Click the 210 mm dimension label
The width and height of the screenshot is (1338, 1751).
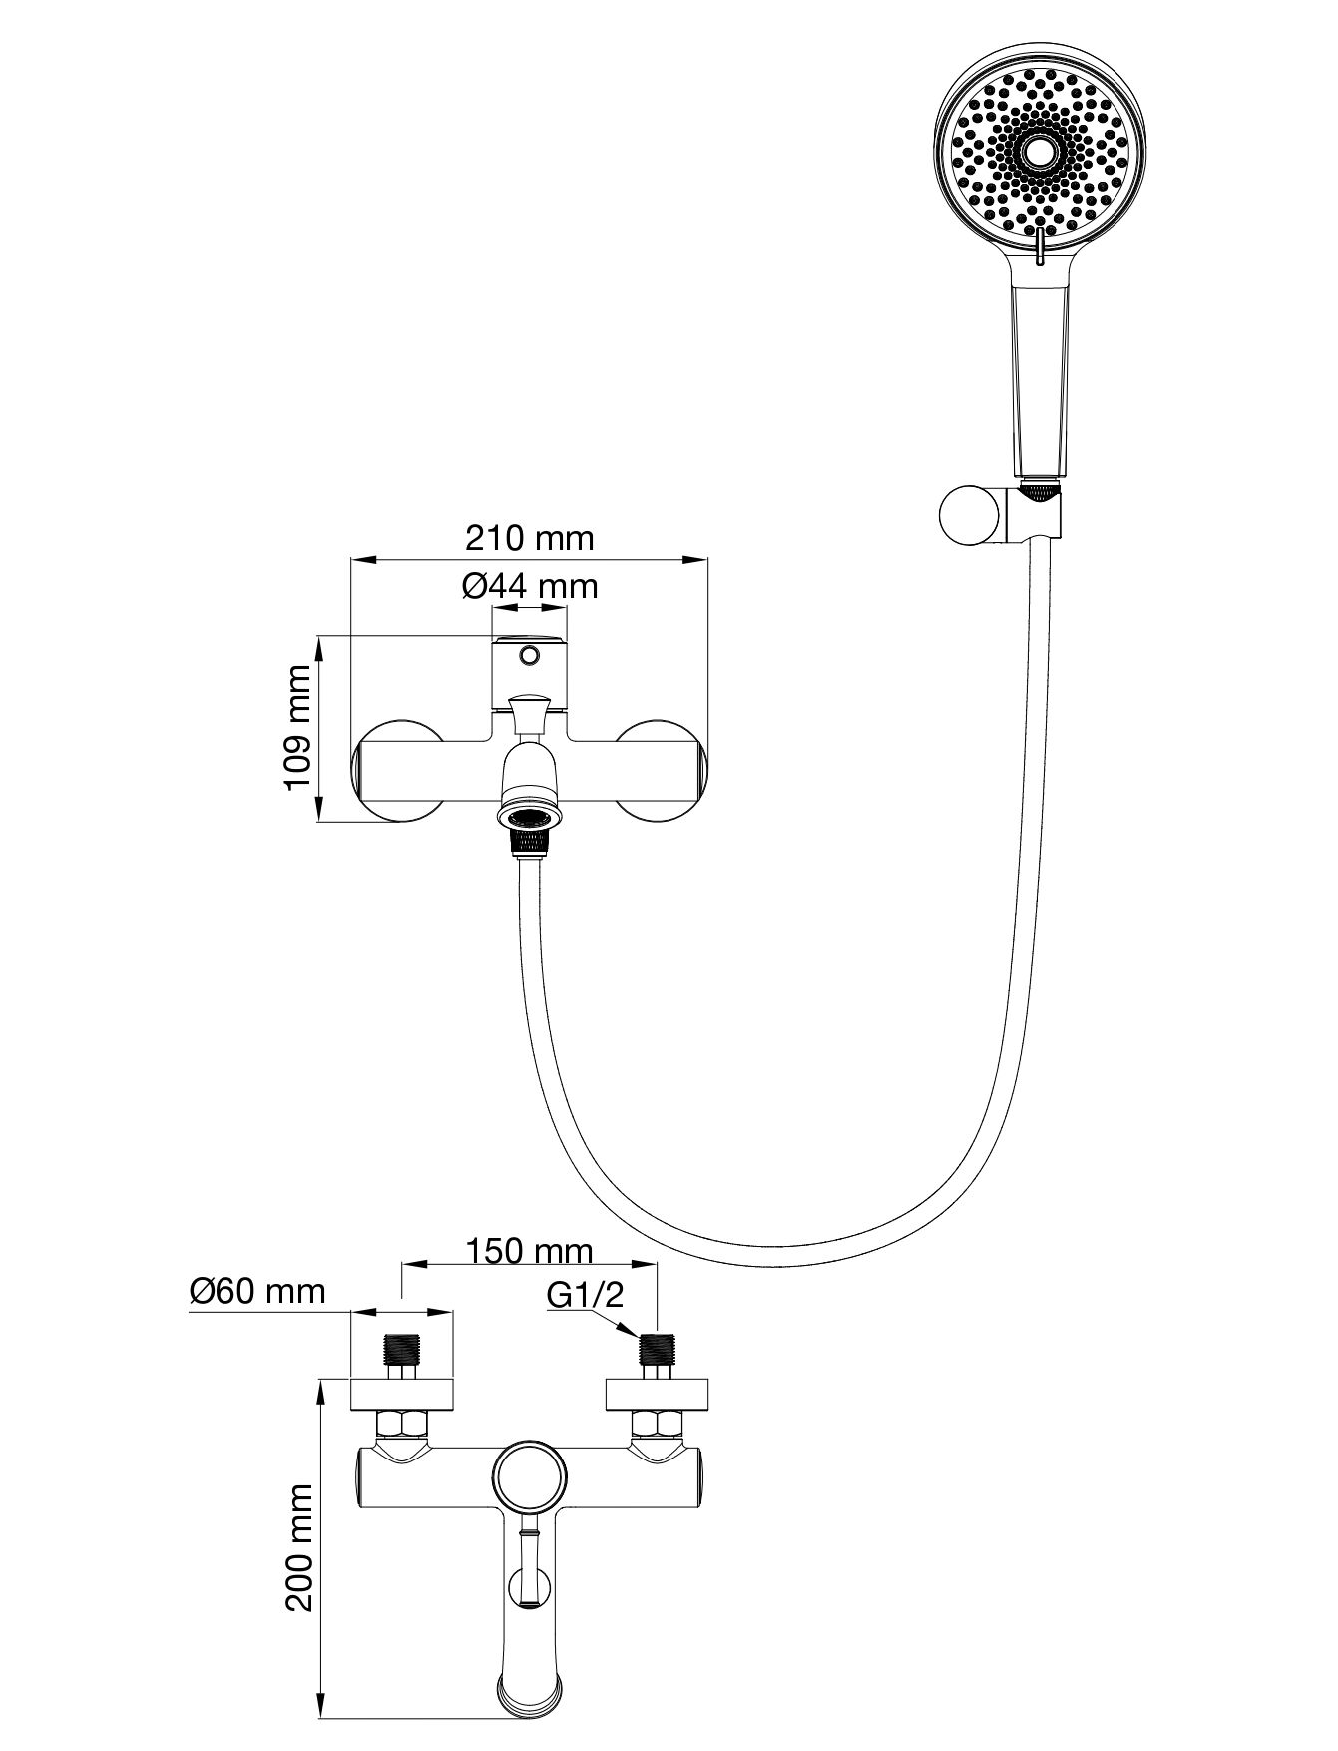point(529,538)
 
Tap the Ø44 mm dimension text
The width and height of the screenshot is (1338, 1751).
point(530,586)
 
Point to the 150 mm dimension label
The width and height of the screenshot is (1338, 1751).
point(529,1250)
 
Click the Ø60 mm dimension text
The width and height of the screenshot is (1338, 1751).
point(257,1291)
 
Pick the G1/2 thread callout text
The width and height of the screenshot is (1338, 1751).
point(585,1296)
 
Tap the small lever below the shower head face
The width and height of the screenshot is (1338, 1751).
point(1041,245)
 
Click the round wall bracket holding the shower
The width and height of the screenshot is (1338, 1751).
point(968,516)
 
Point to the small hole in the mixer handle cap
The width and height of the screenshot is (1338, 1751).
point(530,656)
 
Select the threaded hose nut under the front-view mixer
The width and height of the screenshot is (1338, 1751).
point(530,841)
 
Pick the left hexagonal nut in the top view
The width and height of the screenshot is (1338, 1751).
point(401,1423)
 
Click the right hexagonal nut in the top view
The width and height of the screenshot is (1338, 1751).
point(657,1423)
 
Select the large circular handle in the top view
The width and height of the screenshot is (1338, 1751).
point(530,1475)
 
